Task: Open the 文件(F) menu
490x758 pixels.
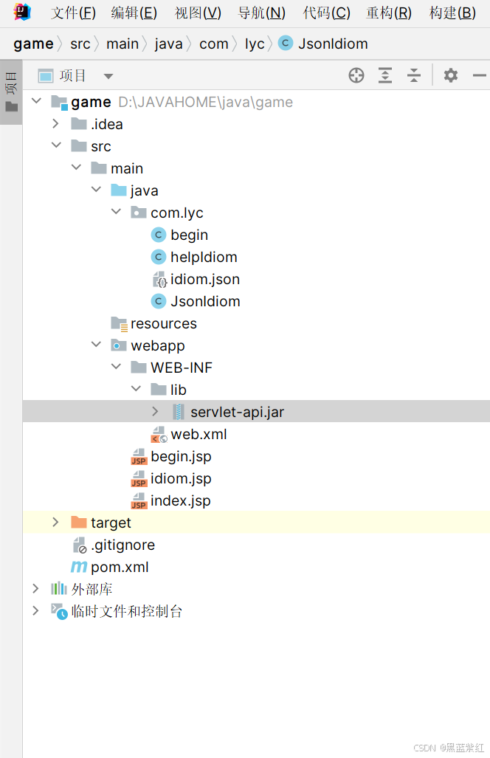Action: pyautogui.click(x=73, y=13)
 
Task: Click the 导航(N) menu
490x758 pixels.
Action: pyautogui.click(x=261, y=13)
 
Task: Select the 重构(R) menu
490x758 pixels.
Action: pyautogui.click(x=389, y=13)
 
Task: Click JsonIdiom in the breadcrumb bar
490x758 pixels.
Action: pyautogui.click(x=332, y=44)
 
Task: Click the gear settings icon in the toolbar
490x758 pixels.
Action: pyautogui.click(x=450, y=75)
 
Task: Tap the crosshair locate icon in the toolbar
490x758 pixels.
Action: pyautogui.click(x=356, y=75)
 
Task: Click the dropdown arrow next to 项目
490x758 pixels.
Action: pyautogui.click(x=108, y=76)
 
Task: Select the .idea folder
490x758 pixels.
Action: pyautogui.click(x=106, y=124)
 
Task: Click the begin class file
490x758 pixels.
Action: pyautogui.click(x=189, y=235)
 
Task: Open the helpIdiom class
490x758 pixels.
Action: pyautogui.click(x=204, y=257)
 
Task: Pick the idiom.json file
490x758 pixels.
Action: pyautogui.click(x=204, y=279)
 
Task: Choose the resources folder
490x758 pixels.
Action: pyautogui.click(x=163, y=323)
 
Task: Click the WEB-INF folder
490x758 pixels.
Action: pyautogui.click(x=182, y=368)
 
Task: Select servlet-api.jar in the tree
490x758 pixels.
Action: pyautogui.click(x=237, y=412)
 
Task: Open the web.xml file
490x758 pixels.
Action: pyautogui.click(x=199, y=434)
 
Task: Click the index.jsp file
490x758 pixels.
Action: pyautogui.click(x=180, y=500)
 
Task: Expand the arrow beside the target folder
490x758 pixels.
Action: pyautogui.click(x=55, y=523)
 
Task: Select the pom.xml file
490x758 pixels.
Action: pyautogui.click(x=120, y=567)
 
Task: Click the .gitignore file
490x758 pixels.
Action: pyautogui.click(x=122, y=545)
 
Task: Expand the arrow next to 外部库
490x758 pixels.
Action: pyautogui.click(x=35, y=589)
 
